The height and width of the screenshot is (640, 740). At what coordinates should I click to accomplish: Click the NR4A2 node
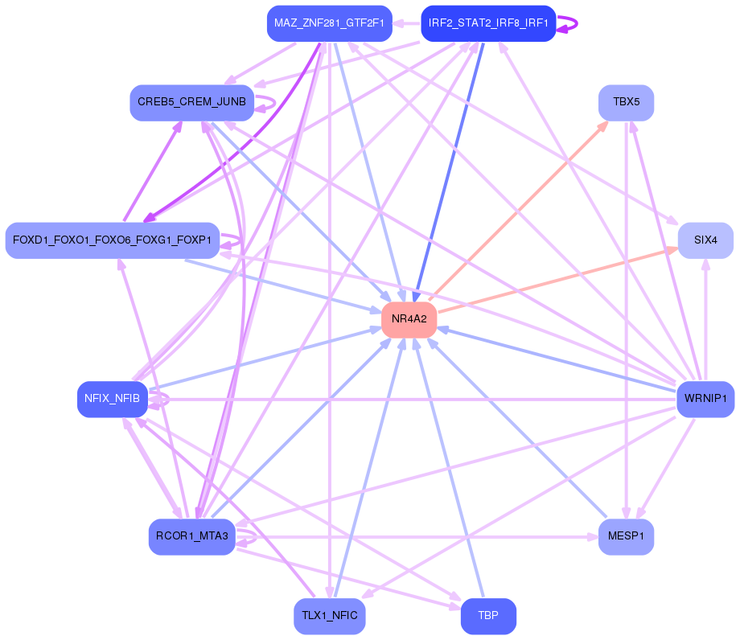coord(409,320)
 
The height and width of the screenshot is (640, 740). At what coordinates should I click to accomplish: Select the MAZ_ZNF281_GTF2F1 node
coord(329,23)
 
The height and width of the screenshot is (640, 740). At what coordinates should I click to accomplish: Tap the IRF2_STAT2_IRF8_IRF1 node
coord(488,23)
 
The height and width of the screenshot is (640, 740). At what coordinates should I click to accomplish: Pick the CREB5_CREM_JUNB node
coord(192,103)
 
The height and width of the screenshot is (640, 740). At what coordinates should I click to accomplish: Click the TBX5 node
coord(626,103)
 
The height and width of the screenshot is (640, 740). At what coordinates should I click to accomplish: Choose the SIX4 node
coord(705,240)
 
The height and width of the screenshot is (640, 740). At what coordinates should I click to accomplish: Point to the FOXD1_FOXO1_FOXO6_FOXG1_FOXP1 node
coord(112,240)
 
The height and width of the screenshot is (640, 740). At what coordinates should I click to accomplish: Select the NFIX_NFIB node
coord(112,400)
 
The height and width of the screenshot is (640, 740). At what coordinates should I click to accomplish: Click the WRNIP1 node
coord(705,400)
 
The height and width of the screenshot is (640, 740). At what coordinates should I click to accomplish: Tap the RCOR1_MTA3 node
coord(192,537)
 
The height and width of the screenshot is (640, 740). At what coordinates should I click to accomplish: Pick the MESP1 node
coord(626,537)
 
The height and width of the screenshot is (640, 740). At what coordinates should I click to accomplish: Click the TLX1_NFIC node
coord(329,617)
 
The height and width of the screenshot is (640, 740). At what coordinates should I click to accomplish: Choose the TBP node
coord(488,617)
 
